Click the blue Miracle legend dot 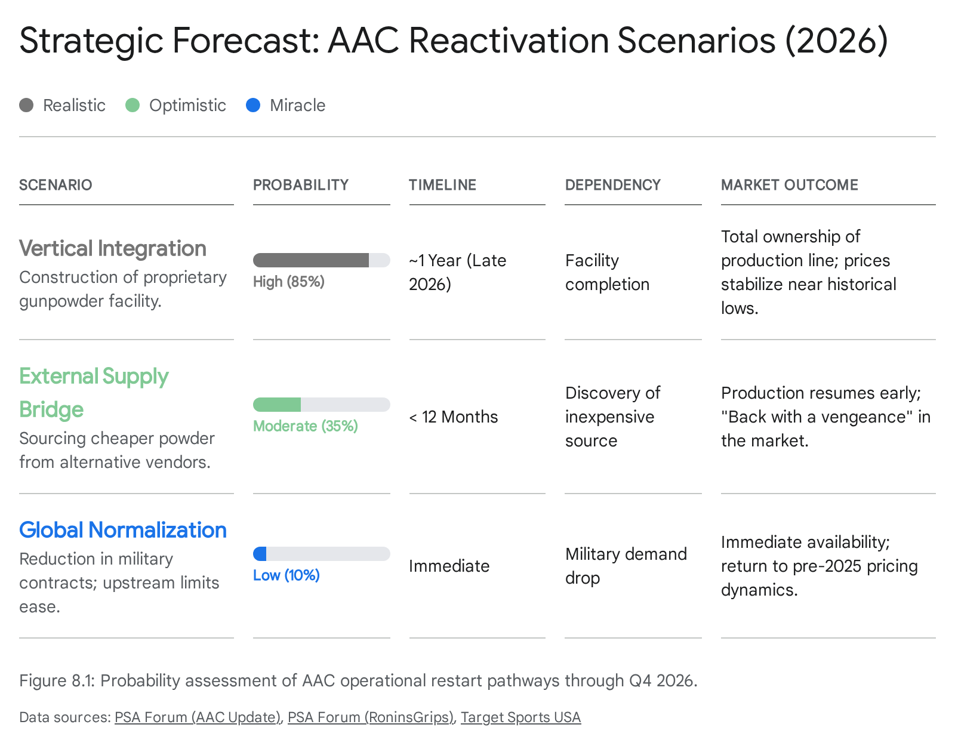click(x=252, y=106)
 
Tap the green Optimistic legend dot click(x=133, y=106)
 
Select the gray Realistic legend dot click(x=26, y=106)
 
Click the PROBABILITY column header click(x=301, y=185)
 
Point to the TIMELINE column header click(x=442, y=185)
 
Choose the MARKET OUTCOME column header click(x=789, y=185)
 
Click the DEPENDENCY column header click(x=612, y=185)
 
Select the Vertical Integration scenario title click(x=112, y=249)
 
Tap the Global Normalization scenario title click(x=122, y=530)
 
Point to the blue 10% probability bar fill click(x=260, y=554)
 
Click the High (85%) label click(x=289, y=282)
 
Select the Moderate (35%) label click(x=306, y=426)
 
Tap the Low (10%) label click(x=286, y=575)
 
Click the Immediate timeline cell click(x=449, y=566)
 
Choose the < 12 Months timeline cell click(x=454, y=417)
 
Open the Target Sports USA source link click(x=521, y=717)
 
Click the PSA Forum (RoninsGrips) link click(x=371, y=717)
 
